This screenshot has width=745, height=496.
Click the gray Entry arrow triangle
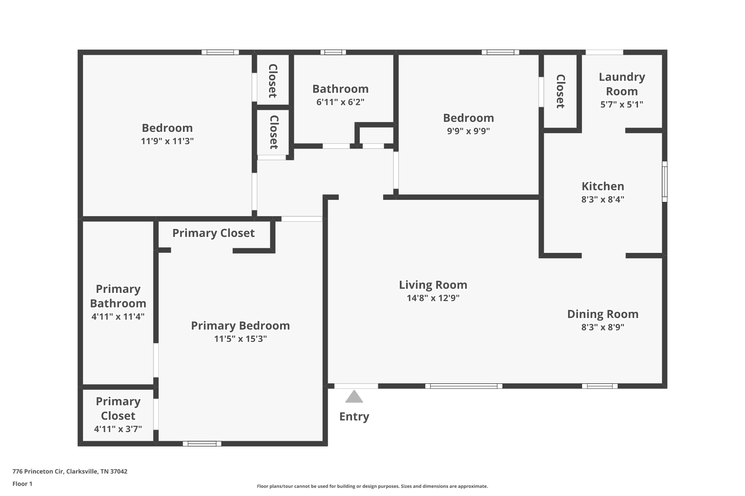click(354, 397)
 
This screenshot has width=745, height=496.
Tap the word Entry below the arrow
click(354, 416)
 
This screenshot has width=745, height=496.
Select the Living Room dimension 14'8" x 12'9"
click(433, 298)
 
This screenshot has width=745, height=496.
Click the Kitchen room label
click(603, 186)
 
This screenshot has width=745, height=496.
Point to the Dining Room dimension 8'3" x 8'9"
click(603, 327)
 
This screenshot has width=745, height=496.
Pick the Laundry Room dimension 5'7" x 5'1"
click(622, 104)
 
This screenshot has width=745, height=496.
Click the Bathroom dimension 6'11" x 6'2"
click(340, 102)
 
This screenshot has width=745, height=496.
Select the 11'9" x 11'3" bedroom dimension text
click(167, 141)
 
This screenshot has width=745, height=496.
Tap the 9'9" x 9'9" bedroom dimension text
click(468, 131)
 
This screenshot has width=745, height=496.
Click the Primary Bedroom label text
click(240, 326)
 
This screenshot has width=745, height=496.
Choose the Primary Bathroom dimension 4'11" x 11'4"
click(118, 316)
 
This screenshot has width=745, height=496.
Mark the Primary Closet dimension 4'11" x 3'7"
click(118, 429)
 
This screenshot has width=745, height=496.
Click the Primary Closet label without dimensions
click(213, 233)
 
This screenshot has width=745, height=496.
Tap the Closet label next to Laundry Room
click(561, 91)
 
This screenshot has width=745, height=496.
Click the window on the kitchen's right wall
click(665, 181)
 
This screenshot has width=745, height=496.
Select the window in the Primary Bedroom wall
click(202, 443)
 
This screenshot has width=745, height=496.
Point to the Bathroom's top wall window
click(333, 52)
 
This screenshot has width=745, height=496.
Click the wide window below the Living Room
click(463, 386)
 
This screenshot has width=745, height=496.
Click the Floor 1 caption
click(22, 484)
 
